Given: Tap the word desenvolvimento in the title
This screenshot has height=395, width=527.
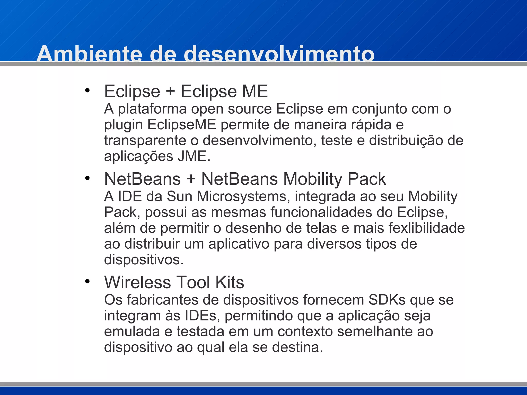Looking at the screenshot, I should click(x=279, y=54).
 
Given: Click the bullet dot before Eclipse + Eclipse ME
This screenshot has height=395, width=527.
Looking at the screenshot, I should click(x=87, y=91).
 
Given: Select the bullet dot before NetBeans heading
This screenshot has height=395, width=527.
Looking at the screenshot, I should click(x=87, y=178).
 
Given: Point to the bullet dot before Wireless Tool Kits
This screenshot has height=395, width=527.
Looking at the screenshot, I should click(x=87, y=281).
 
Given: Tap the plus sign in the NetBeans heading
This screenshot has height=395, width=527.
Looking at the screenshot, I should click(x=191, y=179).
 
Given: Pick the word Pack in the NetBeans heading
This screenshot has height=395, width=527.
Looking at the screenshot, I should click(x=367, y=179).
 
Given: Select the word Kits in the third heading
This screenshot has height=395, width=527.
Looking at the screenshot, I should click(x=230, y=282).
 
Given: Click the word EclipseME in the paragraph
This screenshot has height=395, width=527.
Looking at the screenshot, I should click(x=182, y=125).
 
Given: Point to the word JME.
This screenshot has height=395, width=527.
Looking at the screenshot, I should click(x=194, y=156).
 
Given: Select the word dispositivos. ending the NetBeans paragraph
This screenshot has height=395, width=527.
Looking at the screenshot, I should click(x=144, y=260).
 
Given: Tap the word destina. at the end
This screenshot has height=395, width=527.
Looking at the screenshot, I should click(x=297, y=347).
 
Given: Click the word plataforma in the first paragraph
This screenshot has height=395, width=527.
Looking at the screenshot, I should click(x=152, y=109).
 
